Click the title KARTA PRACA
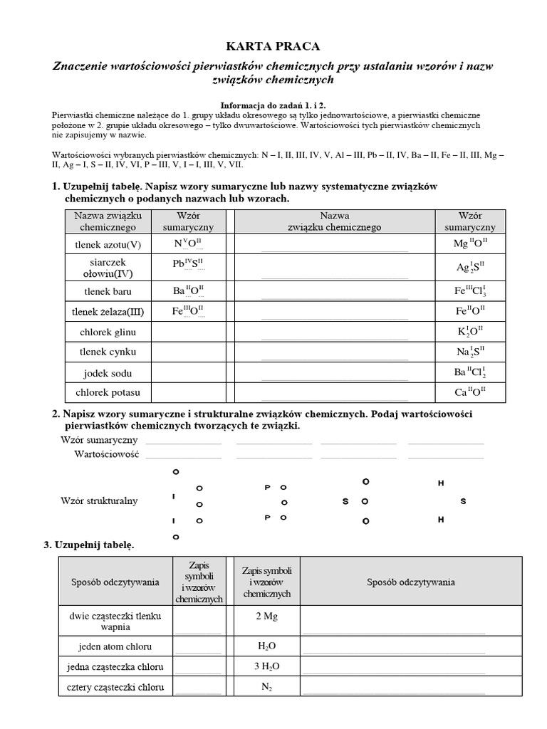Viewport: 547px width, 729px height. [x=273, y=46]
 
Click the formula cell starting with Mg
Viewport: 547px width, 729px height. [x=470, y=243]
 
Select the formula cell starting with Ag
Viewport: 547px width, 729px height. [x=470, y=268]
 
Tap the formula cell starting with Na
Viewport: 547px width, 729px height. [x=470, y=352]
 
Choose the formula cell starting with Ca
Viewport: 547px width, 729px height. [x=470, y=392]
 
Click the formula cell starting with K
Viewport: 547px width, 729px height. [x=470, y=332]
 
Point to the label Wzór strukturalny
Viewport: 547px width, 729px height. [x=100, y=501]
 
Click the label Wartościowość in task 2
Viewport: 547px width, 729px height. [x=107, y=453]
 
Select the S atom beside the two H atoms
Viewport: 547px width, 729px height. [x=463, y=501]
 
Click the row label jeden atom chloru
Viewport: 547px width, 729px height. [x=115, y=646]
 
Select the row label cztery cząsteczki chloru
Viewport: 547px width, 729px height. [x=115, y=688]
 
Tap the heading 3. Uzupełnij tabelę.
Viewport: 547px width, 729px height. [x=88, y=545]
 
